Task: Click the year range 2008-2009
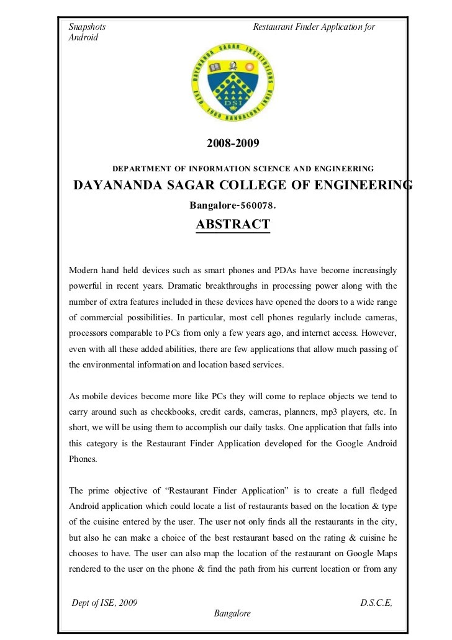tap(232, 143)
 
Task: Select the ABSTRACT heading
tap(233, 224)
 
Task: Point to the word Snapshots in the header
tap(87, 27)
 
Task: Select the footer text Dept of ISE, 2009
tap(105, 603)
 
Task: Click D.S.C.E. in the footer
tap(376, 603)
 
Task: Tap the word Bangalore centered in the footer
tap(232, 613)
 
